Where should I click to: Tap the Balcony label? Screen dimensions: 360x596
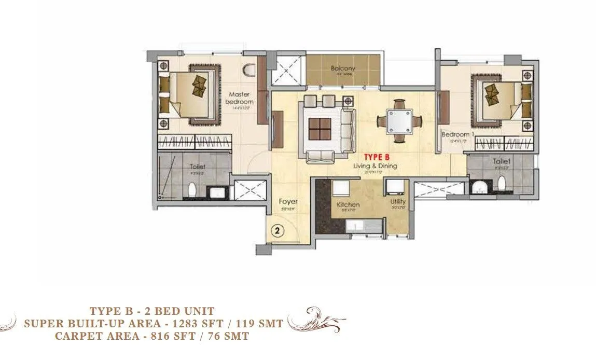click(343, 68)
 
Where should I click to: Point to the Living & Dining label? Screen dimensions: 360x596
click(380, 166)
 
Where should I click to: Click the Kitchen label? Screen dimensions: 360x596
click(348, 205)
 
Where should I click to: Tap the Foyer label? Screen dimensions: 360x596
click(288, 201)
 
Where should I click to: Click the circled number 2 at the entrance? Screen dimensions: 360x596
click(277, 231)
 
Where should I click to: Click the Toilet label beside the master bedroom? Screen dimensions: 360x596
click(198, 167)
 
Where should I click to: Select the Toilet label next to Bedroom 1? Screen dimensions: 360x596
click(502, 162)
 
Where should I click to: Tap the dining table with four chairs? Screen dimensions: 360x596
click(399, 121)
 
